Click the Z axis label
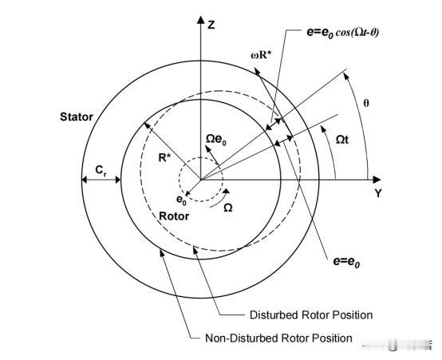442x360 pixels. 211,25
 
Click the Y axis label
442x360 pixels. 378,193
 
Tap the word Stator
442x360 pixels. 77,117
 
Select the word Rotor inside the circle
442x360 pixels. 174,216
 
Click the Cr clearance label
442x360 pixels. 101,170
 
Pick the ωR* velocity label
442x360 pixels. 261,55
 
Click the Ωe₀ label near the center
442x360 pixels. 216,140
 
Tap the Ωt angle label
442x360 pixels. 342,140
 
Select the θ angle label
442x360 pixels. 366,103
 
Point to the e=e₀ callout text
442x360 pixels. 346,262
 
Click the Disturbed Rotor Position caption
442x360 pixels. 311,315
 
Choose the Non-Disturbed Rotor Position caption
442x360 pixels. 278,338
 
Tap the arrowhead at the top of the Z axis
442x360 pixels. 201,20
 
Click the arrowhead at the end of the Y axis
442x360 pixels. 377,179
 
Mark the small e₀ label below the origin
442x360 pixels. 181,200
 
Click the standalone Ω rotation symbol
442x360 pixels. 227,208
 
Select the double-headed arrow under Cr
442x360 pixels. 101,180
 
